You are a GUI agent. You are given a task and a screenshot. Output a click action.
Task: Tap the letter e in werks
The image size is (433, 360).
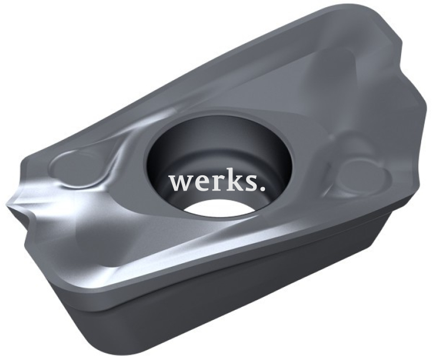pos(200,183)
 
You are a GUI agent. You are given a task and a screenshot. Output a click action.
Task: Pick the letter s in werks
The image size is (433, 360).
pos(245,183)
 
